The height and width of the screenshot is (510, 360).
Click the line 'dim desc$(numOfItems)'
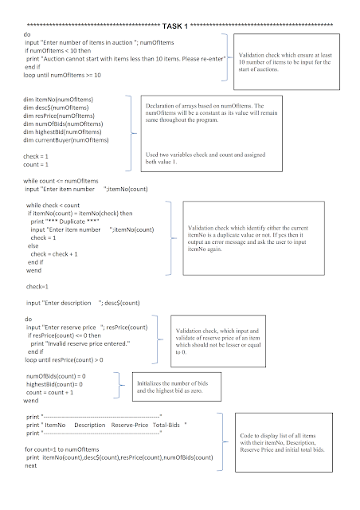click(56, 107)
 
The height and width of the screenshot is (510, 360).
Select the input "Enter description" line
click(83, 302)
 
